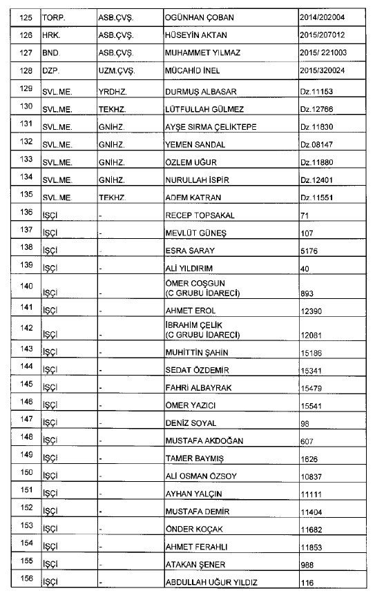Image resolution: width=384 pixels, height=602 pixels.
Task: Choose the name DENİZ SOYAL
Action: (x=191, y=423)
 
